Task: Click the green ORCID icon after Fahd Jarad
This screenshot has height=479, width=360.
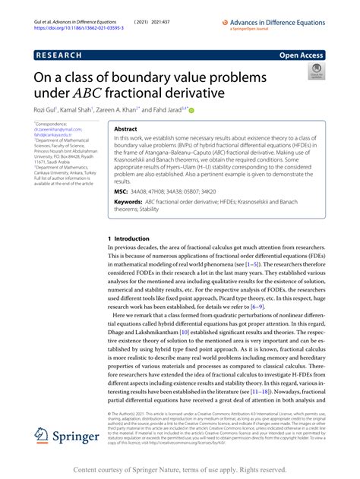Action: pos(201,111)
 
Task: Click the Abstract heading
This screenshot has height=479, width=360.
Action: pos(125,130)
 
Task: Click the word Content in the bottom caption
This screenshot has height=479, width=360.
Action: pos(91,471)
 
